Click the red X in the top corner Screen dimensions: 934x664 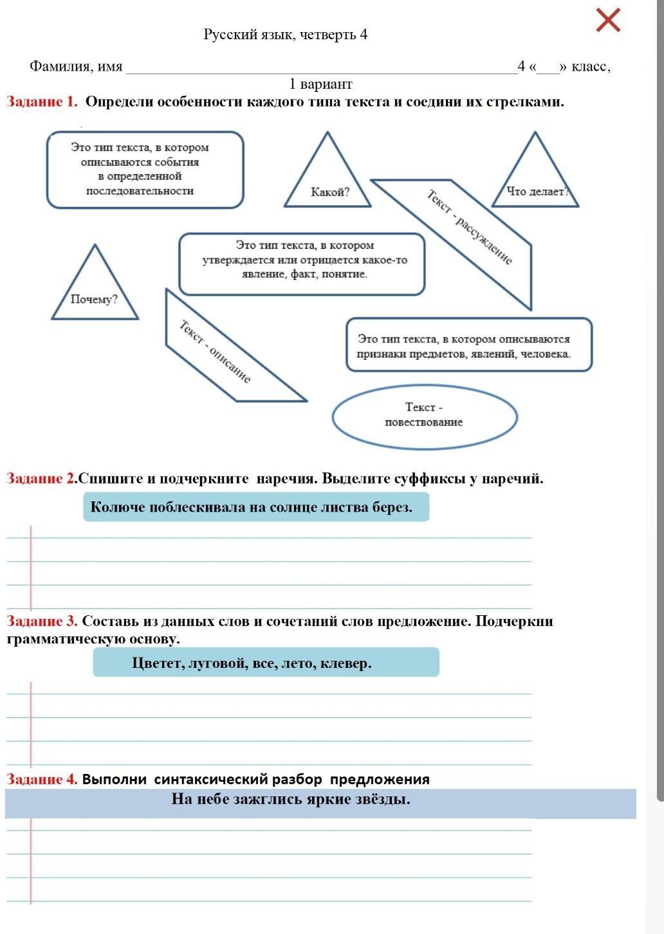click(x=608, y=20)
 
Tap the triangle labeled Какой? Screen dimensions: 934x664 click(x=328, y=181)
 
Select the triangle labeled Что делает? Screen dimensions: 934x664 click(x=535, y=181)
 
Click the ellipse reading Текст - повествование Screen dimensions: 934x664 click(x=425, y=415)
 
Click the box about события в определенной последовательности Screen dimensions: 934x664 click(x=145, y=170)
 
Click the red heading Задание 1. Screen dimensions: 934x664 click(x=42, y=102)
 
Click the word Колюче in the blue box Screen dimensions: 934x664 click(x=118, y=507)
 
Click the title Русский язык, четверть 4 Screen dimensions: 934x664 click(x=285, y=34)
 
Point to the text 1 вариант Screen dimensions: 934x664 click(x=320, y=84)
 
